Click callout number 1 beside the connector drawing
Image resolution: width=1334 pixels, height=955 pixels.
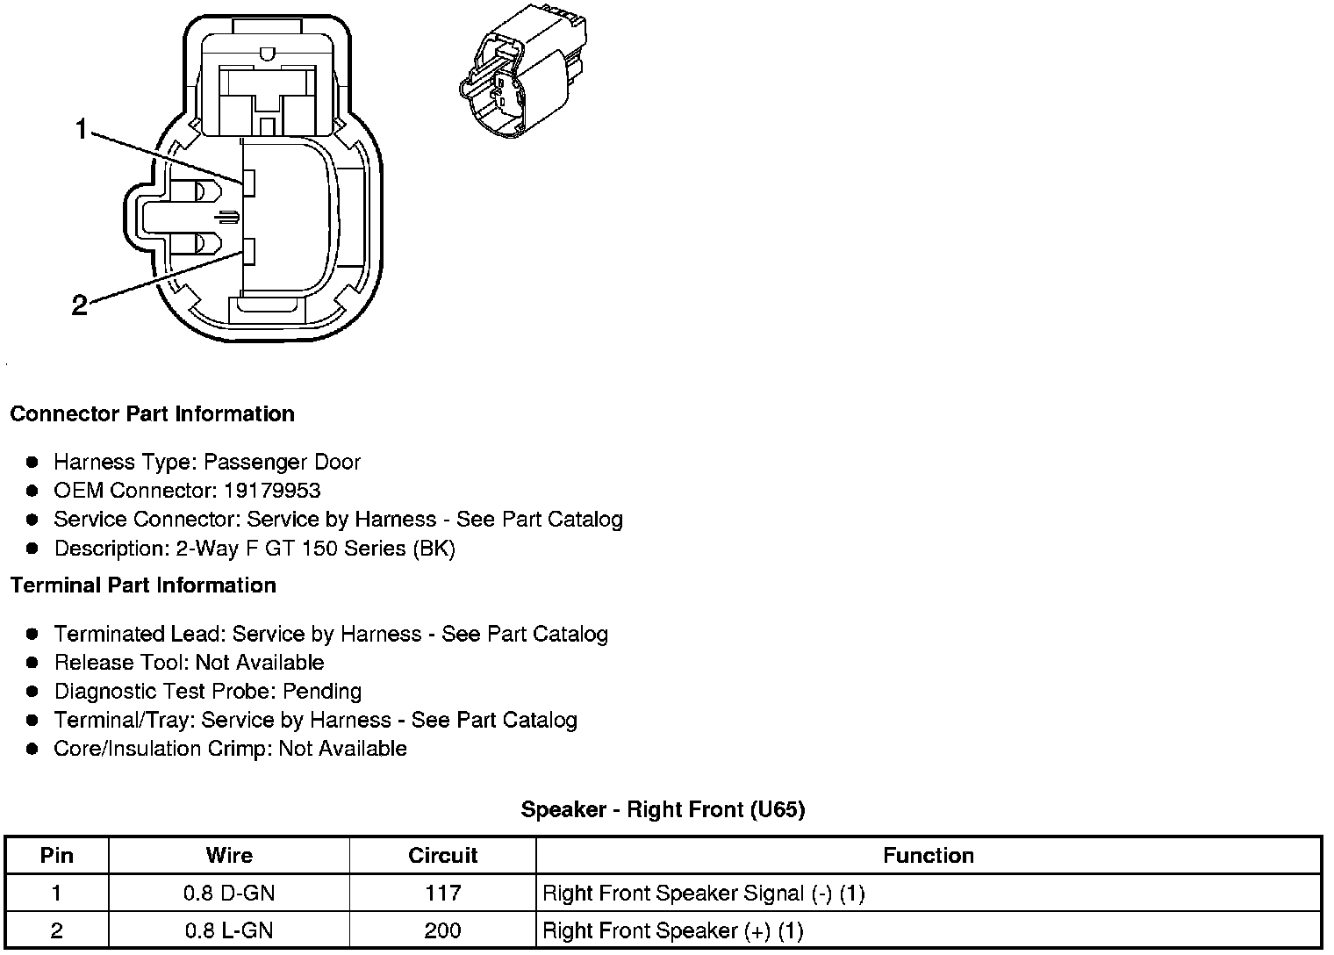pyautogui.click(x=81, y=130)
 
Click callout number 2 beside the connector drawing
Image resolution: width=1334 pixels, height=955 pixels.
pyautogui.click(x=79, y=305)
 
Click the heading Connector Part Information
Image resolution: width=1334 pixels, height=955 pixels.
pyautogui.click(x=152, y=414)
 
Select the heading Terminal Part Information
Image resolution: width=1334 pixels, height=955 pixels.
pyautogui.click(x=143, y=585)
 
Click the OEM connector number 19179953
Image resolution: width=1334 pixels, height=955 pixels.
pyautogui.click(x=272, y=491)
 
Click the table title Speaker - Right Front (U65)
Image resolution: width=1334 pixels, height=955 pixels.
pyautogui.click(x=663, y=809)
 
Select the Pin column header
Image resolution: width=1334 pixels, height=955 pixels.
pyautogui.click(x=57, y=856)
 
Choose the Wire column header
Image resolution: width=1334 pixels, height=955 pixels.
pyautogui.click(x=229, y=856)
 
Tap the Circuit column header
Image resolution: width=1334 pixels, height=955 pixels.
pyautogui.click(x=443, y=856)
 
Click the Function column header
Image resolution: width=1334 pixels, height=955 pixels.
pyautogui.click(x=929, y=856)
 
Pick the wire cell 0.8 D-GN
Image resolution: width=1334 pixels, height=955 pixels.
pyautogui.click(x=229, y=894)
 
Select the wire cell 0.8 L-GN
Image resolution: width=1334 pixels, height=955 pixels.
pyautogui.click(x=229, y=930)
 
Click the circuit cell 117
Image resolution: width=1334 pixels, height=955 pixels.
pyautogui.click(x=443, y=894)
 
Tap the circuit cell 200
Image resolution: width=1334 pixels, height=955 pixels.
pyautogui.click(x=443, y=930)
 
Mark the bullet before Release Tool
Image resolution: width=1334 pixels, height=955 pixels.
pyautogui.click(x=32, y=663)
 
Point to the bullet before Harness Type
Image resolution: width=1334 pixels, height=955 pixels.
pyautogui.click(x=32, y=462)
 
